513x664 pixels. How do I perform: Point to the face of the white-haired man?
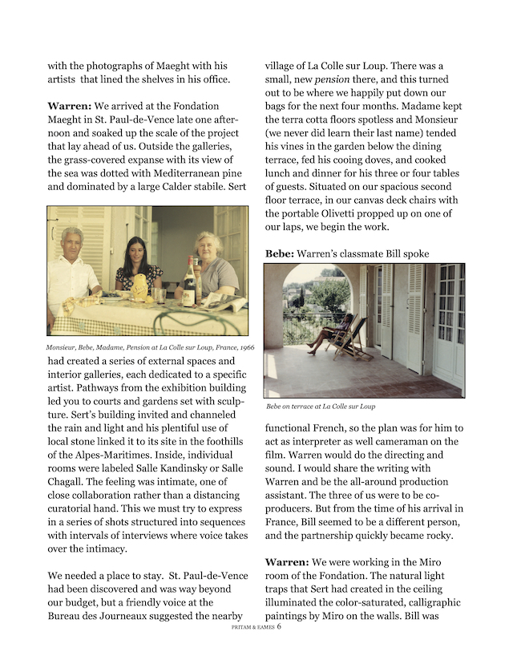73,241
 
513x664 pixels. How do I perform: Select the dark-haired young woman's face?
135,251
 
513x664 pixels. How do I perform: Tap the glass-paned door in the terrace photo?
447,317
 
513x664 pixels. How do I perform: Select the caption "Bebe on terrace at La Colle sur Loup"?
321,407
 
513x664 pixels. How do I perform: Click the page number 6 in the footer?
278,628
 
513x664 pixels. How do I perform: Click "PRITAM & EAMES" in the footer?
247,629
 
